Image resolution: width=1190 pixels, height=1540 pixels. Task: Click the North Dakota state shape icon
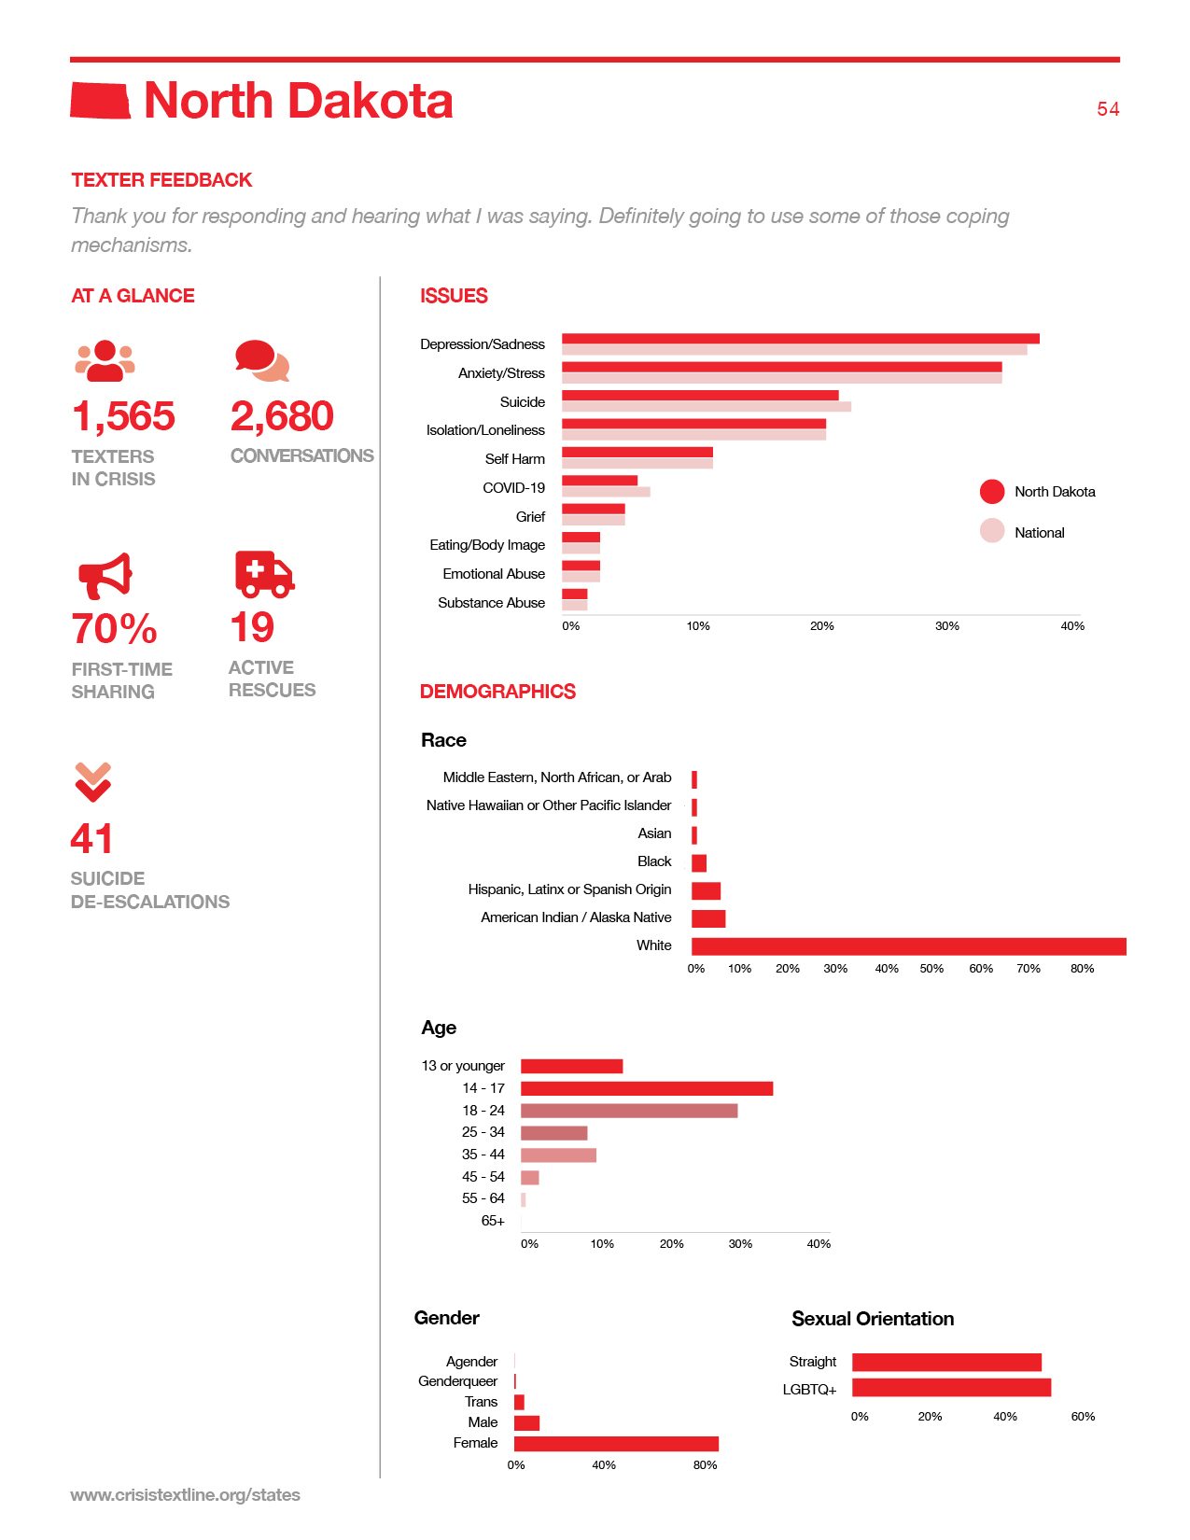point(100,101)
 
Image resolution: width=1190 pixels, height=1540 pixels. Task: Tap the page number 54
point(1107,108)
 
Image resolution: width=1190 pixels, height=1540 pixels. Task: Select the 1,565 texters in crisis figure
point(123,415)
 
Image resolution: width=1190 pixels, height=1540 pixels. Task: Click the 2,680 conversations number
point(281,415)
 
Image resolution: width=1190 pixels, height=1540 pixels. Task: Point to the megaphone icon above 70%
point(105,575)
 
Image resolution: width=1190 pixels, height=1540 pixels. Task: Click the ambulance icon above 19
point(264,574)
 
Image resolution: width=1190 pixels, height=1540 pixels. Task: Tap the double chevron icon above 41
point(92,782)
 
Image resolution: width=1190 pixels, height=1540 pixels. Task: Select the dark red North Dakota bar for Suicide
point(700,395)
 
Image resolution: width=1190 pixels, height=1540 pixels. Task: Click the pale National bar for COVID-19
point(606,492)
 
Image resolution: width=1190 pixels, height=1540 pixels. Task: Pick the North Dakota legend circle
point(991,491)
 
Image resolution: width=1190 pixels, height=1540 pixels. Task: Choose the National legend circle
point(991,531)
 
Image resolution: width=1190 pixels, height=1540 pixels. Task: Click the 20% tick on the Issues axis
point(821,625)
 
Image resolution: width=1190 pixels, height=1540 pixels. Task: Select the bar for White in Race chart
point(909,946)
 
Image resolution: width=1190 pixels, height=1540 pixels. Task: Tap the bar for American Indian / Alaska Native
point(708,918)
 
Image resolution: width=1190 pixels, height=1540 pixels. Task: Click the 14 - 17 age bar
point(647,1088)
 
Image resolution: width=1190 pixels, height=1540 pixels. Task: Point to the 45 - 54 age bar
point(529,1177)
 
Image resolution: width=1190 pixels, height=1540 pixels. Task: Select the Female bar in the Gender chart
point(616,1444)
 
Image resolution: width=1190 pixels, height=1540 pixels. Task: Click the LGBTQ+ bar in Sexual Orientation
point(951,1387)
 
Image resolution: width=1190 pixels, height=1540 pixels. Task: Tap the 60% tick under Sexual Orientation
point(1083,1416)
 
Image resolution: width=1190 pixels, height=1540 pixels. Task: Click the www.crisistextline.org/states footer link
point(185,1494)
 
